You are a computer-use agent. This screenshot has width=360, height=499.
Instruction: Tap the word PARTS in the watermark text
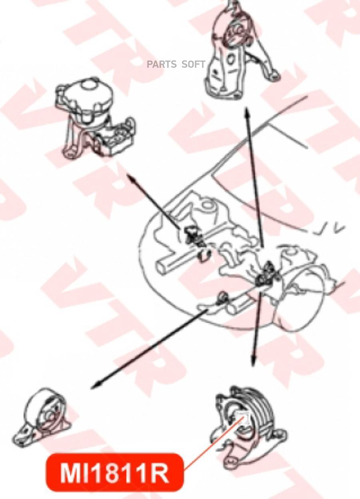point(162,64)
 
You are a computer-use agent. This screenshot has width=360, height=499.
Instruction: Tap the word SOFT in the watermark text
point(193,64)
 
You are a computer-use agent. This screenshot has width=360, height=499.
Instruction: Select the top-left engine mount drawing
point(96,118)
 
